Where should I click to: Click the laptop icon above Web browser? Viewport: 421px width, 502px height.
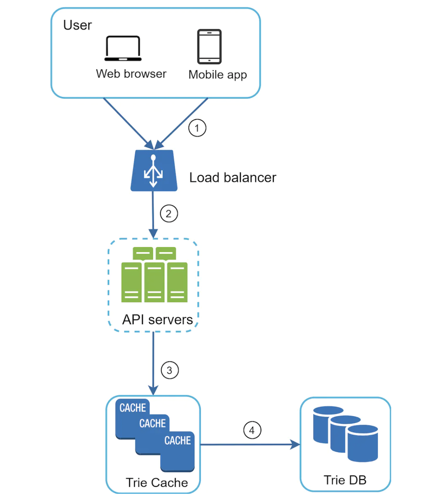click(123, 48)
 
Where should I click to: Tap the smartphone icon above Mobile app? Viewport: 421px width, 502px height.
click(209, 46)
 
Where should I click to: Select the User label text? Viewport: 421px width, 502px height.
click(78, 25)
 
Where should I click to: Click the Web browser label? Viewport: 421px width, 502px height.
click(131, 74)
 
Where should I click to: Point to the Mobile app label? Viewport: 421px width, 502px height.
click(217, 74)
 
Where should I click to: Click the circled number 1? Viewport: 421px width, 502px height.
click(197, 128)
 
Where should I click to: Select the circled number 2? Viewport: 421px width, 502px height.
click(169, 214)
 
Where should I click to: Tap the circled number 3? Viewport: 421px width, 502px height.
click(169, 370)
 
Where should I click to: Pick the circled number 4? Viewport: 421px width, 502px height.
click(252, 430)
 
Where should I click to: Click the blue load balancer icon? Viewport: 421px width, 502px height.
click(154, 171)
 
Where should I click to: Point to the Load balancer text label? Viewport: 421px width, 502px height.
click(233, 178)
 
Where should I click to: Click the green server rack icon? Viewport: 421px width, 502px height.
click(154, 275)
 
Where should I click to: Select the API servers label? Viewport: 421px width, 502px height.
click(157, 320)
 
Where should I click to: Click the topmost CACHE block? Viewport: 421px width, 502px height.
click(132, 408)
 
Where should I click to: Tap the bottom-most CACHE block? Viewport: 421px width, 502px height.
click(178, 450)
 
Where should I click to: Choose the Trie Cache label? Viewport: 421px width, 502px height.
click(157, 483)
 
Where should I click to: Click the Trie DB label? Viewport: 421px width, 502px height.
click(345, 480)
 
